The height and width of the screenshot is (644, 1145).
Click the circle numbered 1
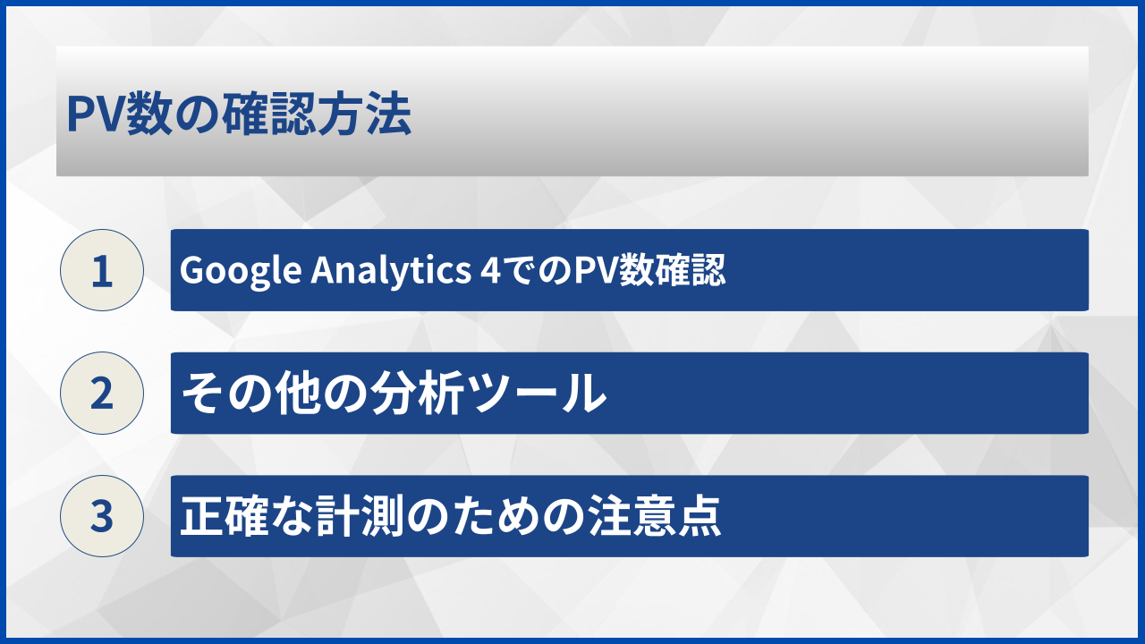pos(102,270)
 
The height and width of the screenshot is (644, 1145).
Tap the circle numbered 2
pos(102,393)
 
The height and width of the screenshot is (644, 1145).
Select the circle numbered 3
pos(102,516)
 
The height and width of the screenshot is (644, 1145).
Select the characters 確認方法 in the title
pos(329,114)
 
